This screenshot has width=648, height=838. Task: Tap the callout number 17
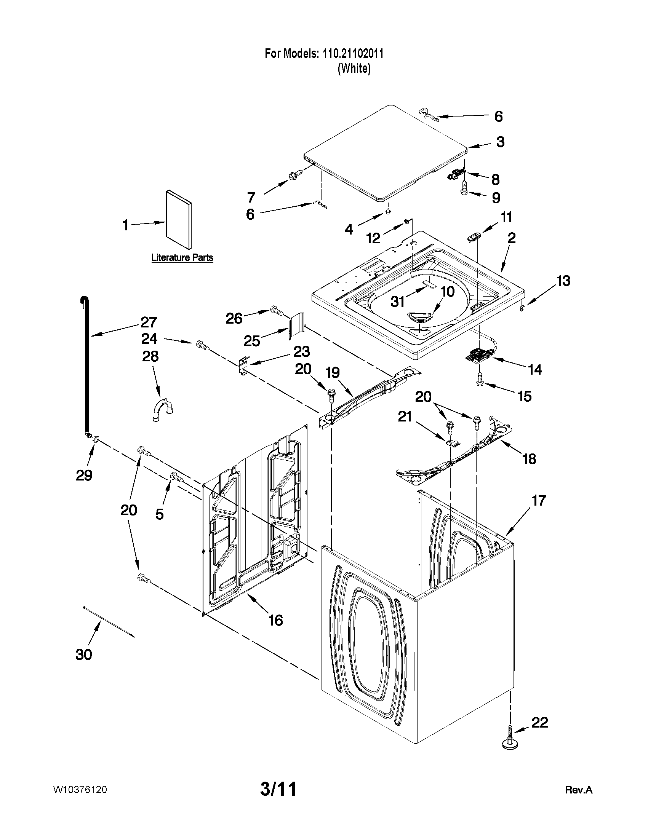[539, 500]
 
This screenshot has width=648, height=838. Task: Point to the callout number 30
[84, 654]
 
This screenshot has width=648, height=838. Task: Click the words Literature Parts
[182, 257]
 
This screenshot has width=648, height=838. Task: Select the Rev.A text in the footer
[579, 790]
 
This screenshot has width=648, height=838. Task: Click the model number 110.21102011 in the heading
[352, 54]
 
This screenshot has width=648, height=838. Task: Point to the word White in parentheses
[354, 69]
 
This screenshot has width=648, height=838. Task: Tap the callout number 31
[398, 302]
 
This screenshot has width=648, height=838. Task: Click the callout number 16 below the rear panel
[276, 620]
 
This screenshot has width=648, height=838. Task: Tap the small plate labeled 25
[296, 326]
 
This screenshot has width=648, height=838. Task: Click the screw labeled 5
[177, 477]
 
